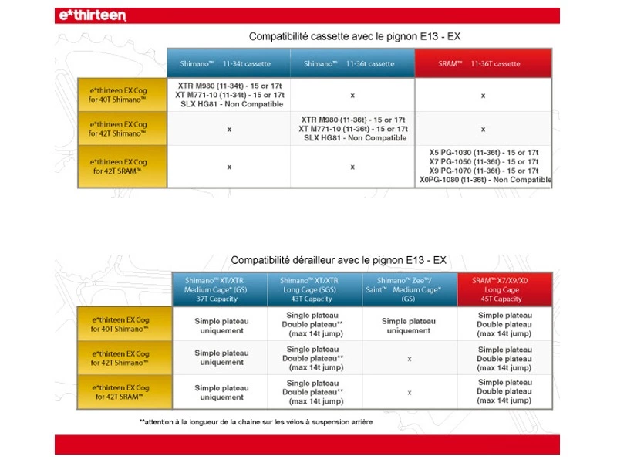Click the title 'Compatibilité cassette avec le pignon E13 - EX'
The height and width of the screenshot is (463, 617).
pos(356,36)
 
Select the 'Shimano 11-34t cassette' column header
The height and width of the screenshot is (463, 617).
pos(228,63)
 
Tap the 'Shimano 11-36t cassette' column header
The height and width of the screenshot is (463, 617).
pos(352,63)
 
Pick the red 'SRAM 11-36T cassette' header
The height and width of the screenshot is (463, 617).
pos(483,63)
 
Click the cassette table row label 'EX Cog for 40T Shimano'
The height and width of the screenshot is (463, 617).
pos(123,94)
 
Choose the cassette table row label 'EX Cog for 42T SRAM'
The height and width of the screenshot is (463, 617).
pos(123,166)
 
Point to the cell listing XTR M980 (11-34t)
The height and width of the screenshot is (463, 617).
pos(229,95)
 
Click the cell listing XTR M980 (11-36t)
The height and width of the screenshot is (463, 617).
pos(352,129)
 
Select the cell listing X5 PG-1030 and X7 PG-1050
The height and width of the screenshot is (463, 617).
pos(484,166)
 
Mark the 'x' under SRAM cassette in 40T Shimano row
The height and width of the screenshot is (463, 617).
pos(483,96)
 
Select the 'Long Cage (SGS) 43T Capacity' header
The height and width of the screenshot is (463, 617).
pos(315,289)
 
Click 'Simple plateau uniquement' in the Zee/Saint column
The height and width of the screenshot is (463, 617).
pos(409,326)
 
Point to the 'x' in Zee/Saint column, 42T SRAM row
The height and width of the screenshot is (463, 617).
pos(409,392)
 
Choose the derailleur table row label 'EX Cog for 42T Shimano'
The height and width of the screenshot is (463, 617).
pos(123,358)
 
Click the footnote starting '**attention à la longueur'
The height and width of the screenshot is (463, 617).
pos(255,422)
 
